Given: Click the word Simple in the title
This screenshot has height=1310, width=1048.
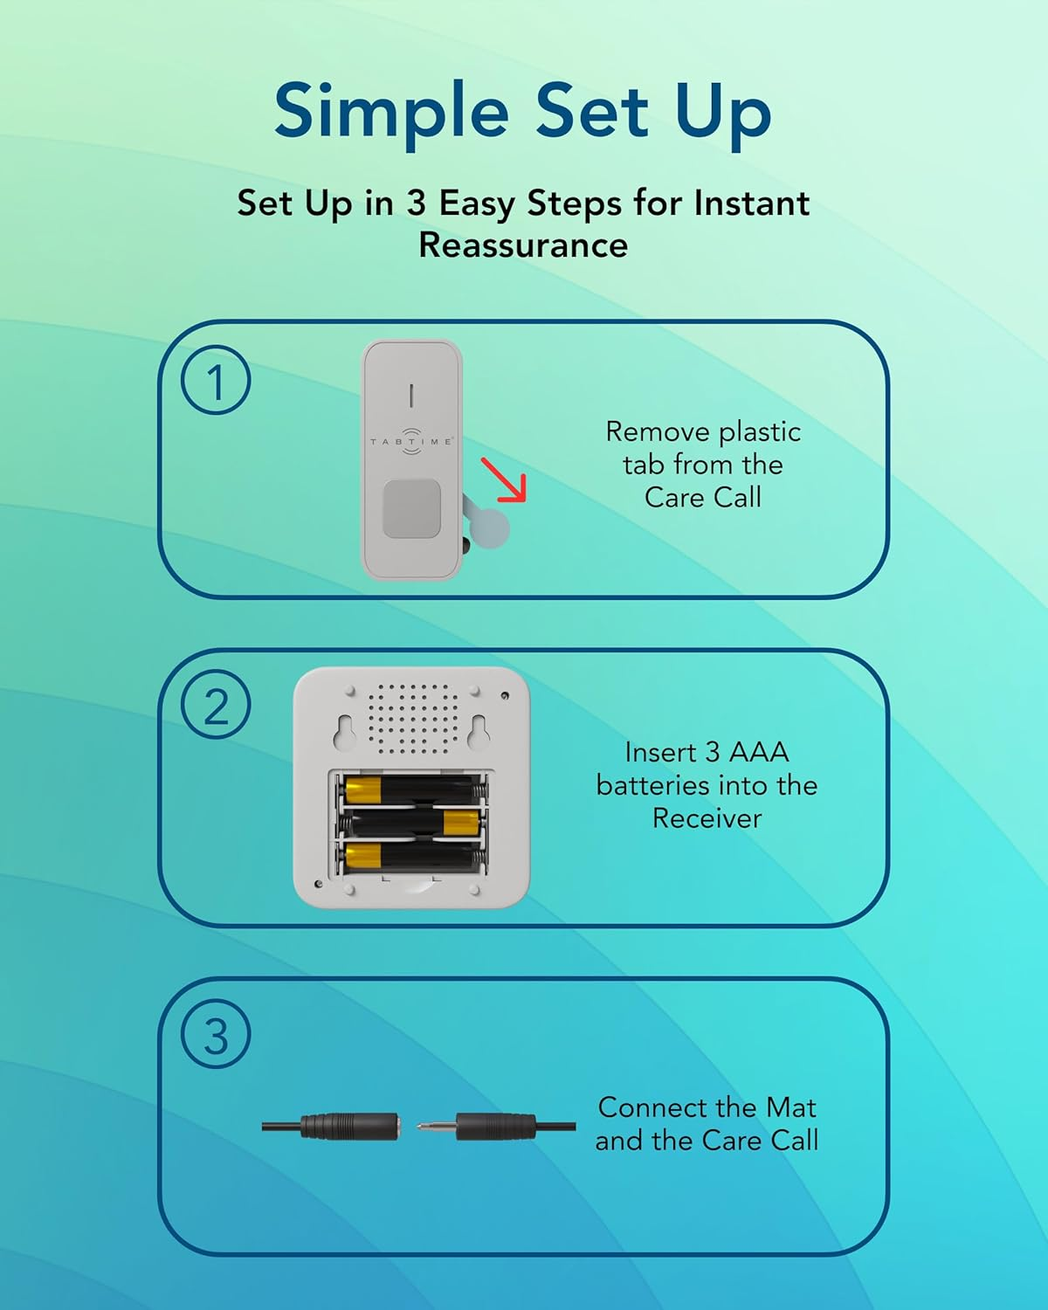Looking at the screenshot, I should (391, 112).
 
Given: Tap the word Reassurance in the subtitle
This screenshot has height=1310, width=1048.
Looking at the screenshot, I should (523, 245).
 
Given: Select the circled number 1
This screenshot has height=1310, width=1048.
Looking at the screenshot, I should (216, 381).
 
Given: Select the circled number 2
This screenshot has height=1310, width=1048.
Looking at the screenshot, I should (216, 705).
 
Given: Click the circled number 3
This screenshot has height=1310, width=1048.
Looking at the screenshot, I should (216, 1035).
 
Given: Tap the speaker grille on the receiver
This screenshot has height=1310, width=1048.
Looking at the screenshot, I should (412, 719).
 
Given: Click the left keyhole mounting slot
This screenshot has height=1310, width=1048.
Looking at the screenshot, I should (343, 732).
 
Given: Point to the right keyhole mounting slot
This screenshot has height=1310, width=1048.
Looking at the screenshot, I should (478, 732).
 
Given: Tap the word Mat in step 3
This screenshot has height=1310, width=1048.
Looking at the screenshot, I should (790, 1107).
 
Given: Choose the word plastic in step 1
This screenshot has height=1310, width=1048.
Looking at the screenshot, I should (760, 432).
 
